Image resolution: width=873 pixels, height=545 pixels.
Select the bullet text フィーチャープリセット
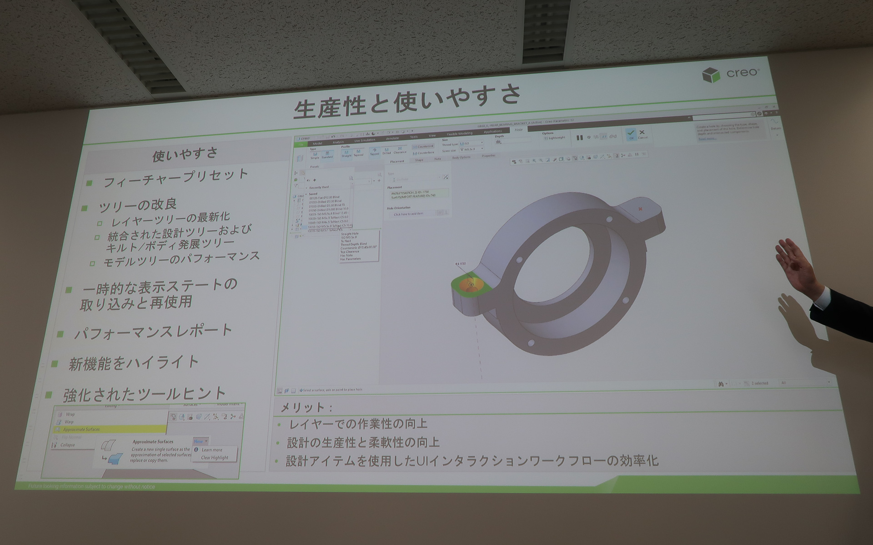(x=176, y=178)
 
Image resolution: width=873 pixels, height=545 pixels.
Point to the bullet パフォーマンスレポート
(x=153, y=332)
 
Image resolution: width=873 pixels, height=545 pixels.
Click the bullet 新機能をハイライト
(x=134, y=363)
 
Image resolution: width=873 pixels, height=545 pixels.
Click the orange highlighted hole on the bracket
(x=470, y=285)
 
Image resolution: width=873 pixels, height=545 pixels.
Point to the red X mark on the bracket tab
(x=641, y=209)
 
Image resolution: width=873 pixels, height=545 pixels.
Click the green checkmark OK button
(x=630, y=134)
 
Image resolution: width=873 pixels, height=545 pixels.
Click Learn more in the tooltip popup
(x=212, y=450)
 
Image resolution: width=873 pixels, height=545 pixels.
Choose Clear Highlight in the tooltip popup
(x=215, y=457)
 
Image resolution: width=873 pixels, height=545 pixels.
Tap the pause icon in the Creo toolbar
(x=579, y=138)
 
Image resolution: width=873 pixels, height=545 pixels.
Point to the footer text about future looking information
(x=91, y=486)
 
